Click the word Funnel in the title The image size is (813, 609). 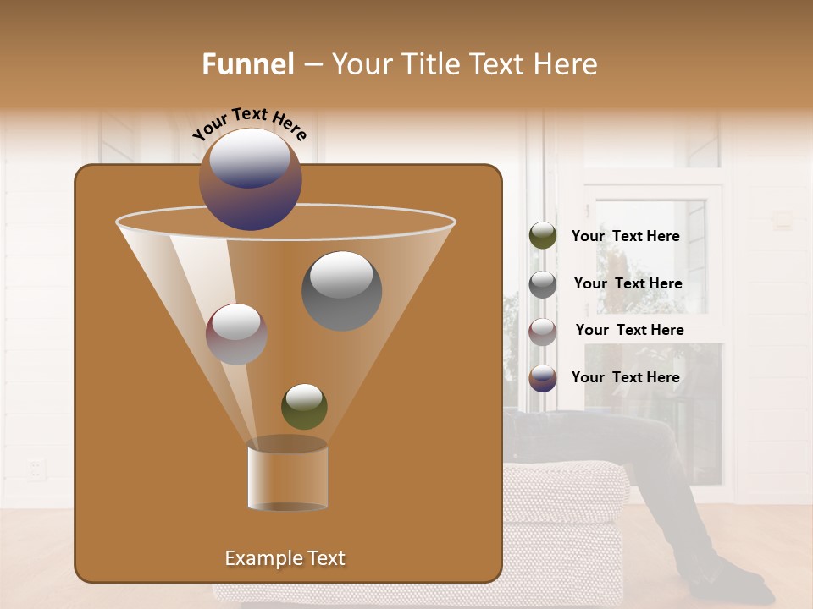[248, 64]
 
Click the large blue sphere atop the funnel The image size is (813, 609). [251, 179]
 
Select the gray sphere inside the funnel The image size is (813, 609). [341, 290]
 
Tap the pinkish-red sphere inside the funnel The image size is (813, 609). [236, 334]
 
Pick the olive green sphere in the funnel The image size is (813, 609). [304, 406]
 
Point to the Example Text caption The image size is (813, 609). [285, 558]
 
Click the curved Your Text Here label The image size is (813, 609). [249, 123]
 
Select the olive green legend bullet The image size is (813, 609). [543, 236]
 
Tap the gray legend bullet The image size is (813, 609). [543, 283]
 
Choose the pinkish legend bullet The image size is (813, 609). [543, 331]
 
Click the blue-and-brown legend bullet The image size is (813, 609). [543, 378]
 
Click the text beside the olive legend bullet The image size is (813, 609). [625, 236]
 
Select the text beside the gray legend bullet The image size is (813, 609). [628, 283]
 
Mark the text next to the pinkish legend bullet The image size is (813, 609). [629, 330]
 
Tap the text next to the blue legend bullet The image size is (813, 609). [625, 377]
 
